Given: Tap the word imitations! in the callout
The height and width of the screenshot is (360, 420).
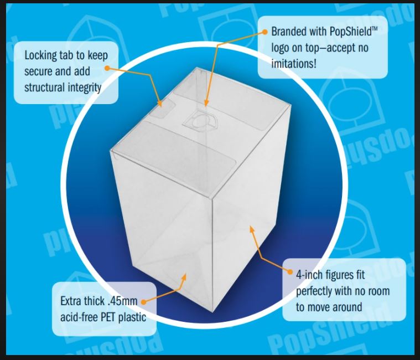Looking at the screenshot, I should pyautogui.click(x=294, y=64).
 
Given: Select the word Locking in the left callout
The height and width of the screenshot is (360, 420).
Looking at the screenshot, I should pyautogui.click(x=43, y=55).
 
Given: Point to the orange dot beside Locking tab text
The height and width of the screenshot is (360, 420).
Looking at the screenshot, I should pyautogui.click(x=107, y=69).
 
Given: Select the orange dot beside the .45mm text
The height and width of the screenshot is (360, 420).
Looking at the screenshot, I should pyautogui.click(x=143, y=302).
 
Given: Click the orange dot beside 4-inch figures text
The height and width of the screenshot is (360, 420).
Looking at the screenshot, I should pyautogui.click(x=290, y=271).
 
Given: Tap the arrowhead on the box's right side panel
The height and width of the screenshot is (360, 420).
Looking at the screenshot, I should pyautogui.click(x=252, y=228).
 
